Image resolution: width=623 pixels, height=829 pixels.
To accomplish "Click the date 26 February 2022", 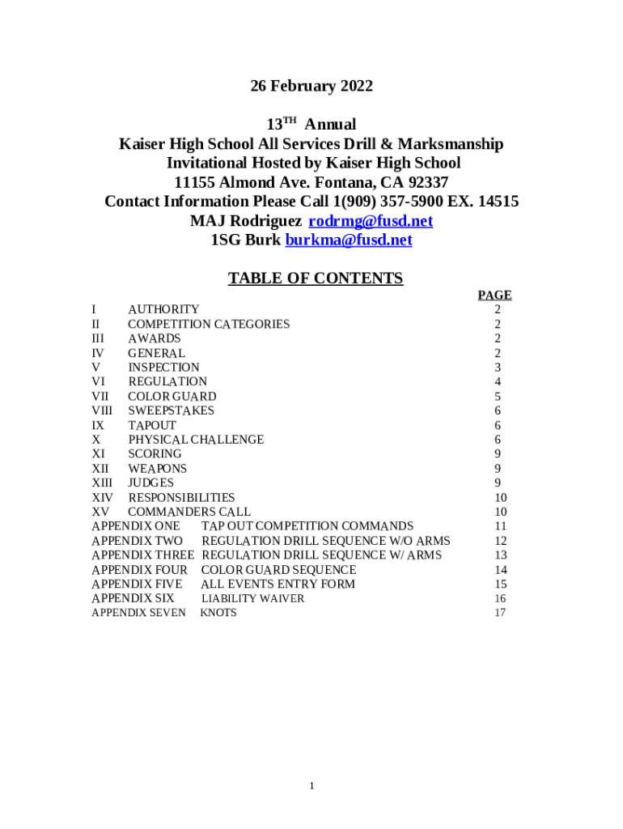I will click(311, 87).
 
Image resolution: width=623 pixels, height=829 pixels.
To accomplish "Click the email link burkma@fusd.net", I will click(349, 240).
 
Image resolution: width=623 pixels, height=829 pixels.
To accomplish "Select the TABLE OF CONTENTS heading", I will click(315, 279).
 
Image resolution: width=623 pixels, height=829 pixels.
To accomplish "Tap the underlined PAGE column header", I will click(494, 295).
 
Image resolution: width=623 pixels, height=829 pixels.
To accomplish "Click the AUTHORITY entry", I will click(163, 309).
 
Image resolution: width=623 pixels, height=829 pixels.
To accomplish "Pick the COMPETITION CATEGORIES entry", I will click(209, 324).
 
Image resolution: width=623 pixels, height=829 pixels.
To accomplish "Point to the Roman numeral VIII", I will click(102, 410).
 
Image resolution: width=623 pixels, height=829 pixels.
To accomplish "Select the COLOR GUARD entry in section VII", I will click(172, 397).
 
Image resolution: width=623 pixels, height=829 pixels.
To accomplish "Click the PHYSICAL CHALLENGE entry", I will click(196, 440).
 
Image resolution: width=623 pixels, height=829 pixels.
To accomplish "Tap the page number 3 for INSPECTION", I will click(498, 368).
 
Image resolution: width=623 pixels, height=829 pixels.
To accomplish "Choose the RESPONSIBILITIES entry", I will click(181, 498).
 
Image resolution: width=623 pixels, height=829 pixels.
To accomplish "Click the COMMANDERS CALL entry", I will click(189, 512).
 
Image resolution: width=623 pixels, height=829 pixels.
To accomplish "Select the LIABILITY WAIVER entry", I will click(252, 599).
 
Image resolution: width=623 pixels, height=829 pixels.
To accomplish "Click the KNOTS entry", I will click(218, 613).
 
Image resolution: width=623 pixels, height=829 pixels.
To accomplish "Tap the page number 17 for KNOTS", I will click(500, 613).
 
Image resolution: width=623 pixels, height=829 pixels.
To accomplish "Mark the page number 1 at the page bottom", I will click(311, 786).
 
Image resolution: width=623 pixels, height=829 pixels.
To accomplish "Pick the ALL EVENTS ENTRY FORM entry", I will click(278, 585).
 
